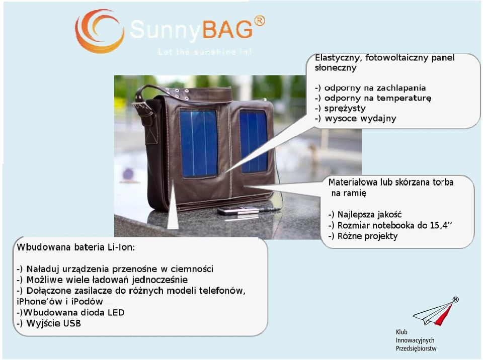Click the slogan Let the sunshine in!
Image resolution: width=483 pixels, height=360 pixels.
tap(205, 52)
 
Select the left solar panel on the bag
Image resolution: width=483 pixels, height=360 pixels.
tap(199, 143)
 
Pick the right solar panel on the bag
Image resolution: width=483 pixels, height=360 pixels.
tap(254, 141)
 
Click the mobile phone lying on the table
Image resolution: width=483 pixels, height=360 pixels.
tap(238, 211)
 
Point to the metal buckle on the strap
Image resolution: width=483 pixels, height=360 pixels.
tap(143, 109)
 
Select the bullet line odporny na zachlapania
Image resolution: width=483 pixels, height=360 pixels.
tap(370, 88)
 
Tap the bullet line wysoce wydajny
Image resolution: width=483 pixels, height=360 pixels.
tap(356, 118)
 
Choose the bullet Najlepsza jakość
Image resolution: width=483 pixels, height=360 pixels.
tap(365, 215)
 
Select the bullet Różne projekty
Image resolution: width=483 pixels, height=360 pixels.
tap(363, 236)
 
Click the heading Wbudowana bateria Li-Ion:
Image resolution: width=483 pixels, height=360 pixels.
tap(76, 247)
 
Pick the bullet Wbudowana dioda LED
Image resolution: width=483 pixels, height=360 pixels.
tap(70, 313)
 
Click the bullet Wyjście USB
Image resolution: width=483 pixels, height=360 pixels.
tap(49, 323)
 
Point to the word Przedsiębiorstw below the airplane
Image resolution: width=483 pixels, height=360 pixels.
tap(416, 349)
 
